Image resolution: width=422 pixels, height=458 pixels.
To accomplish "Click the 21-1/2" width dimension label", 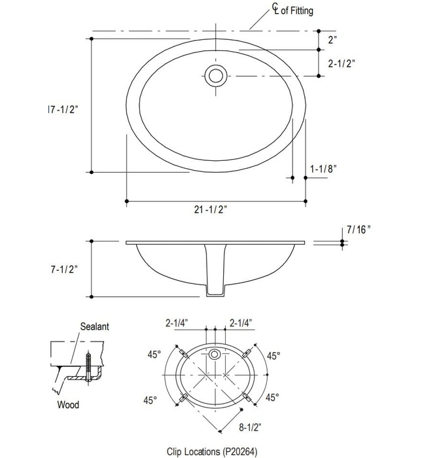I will (215, 209).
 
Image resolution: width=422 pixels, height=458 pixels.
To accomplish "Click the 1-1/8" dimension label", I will (323, 169).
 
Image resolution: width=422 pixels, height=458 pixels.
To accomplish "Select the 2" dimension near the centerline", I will (332, 40).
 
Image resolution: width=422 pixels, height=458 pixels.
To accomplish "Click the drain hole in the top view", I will (215, 75).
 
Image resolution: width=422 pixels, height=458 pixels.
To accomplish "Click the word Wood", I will (67, 405).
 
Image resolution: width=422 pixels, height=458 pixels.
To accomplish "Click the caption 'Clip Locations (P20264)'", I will (214, 451).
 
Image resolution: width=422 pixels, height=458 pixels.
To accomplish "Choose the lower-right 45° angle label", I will (273, 397).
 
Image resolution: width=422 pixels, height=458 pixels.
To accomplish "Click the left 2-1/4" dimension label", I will (177, 323).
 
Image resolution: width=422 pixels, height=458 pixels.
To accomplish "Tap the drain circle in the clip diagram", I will (215, 356).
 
